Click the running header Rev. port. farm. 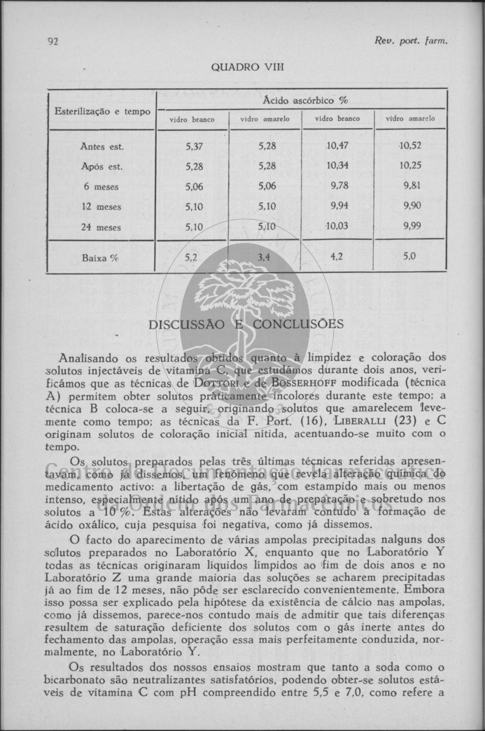point(410,41)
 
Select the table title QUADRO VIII point(248,68)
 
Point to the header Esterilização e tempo point(102,111)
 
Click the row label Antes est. point(102,146)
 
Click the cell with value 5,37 point(194,146)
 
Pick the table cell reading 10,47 point(337,146)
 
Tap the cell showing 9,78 point(337,187)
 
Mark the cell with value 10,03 point(337,227)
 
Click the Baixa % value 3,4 point(264,257)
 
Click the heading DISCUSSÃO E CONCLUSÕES point(246,325)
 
